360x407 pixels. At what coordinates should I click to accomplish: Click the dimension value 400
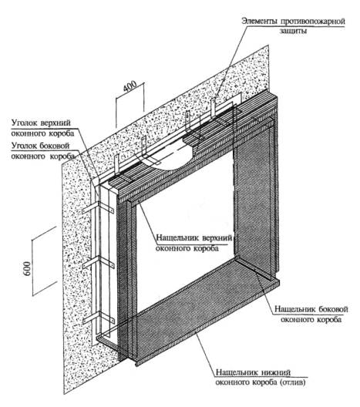click(x=130, y=86)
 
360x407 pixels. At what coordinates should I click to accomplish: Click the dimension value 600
click(x=27, y=268)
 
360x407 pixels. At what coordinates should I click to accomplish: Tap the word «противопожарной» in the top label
click(x=313, y=22)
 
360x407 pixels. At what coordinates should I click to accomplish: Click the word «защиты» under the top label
click(x=293, y=31)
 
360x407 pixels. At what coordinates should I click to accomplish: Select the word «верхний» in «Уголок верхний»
click(x=56, y=123)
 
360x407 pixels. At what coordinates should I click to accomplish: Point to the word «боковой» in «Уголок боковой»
click(x=55, y=146)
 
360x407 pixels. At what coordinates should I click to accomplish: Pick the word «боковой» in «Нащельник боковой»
click(x=333, y=309)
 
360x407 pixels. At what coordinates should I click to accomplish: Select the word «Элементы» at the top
click(x=260, y=21)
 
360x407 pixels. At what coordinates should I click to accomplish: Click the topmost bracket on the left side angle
click(x=98, y=208)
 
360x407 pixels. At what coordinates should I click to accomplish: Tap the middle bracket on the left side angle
click(x=99, y=263)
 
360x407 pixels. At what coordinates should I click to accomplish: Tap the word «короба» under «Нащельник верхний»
click(x=205, y=248)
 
